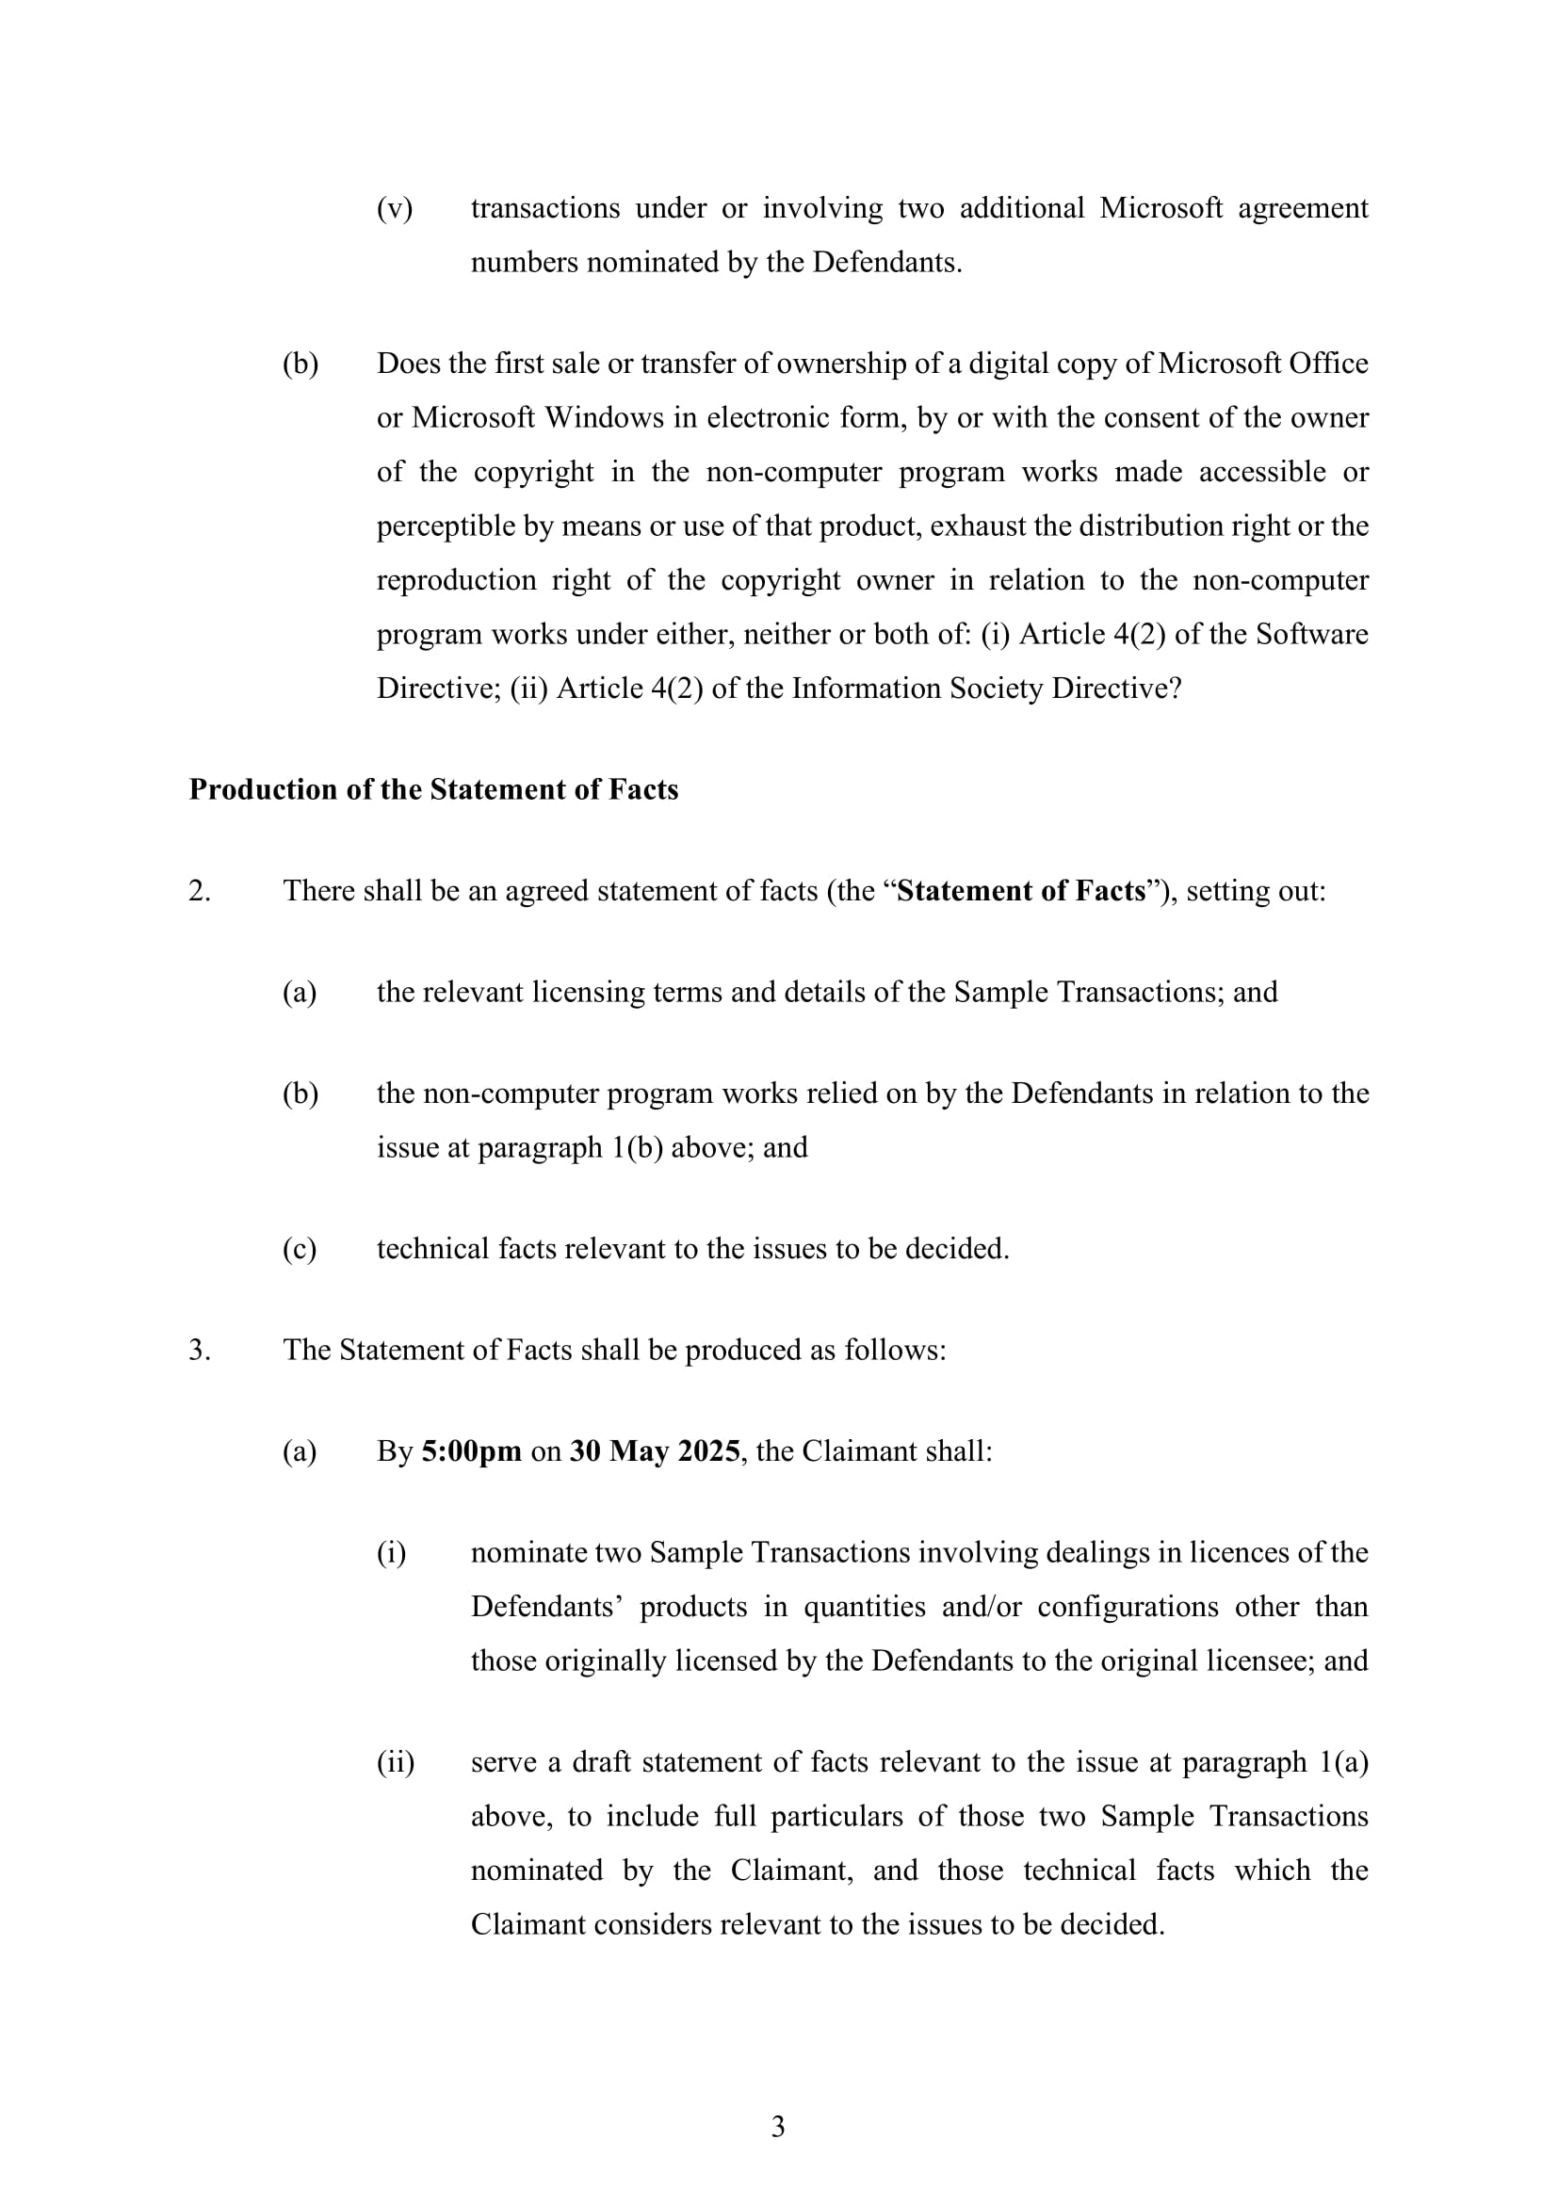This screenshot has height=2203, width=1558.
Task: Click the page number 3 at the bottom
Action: click(778, 2127)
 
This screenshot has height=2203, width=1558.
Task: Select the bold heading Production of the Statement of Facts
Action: click(432, 788)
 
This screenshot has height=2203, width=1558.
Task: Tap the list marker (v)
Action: click(395, 208)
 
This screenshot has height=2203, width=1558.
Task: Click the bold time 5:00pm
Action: click(471, 1450)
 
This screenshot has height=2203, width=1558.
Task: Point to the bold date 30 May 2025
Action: click(655, 1450)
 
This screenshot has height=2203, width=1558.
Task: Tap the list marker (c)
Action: click(300, 1248)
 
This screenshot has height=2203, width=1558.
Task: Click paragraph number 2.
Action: click(199, 890)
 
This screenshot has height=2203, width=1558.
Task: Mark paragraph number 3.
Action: click(199, 1350)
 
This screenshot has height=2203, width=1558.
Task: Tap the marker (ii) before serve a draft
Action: click(396, 1761)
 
